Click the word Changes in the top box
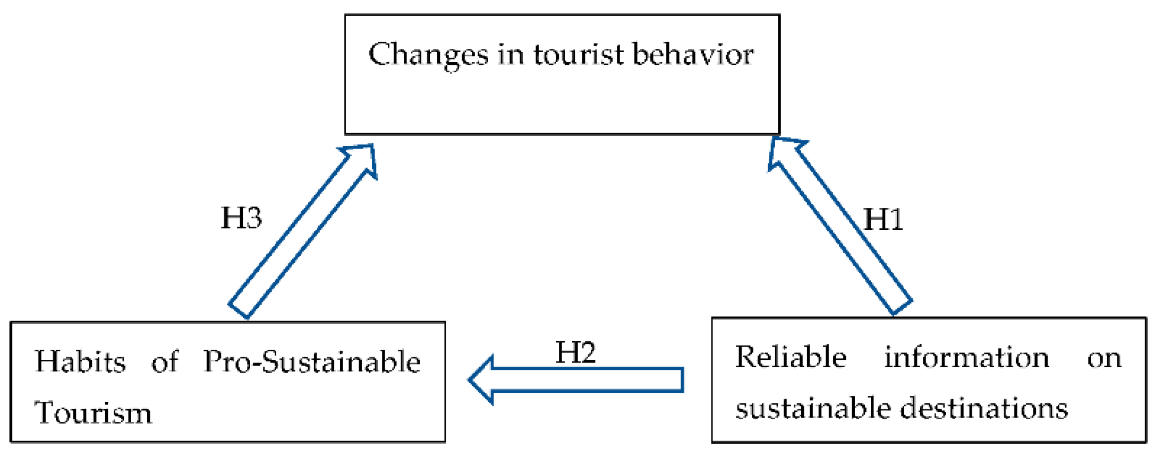pyautogui.click(x=428, y=55)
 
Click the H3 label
pyautogui.click(x=241, y=218)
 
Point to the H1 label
pyautogui.click(x=883, y=219)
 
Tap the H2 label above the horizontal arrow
pyautogui.click(x=575, y=352)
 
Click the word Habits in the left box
pyautogui.click(x=80, y=362)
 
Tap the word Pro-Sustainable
pyautogui.click(x=312, y=362)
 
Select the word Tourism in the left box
pyautogui.click(x=93, y=413)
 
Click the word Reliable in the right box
pyautogui.click(x=791, y=357)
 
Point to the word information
pyautogui.click(x=966, y=357)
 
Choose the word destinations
pyautogui.click(x=984, y=409)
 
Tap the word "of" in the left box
pyautogui.click(x=165, y=362)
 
